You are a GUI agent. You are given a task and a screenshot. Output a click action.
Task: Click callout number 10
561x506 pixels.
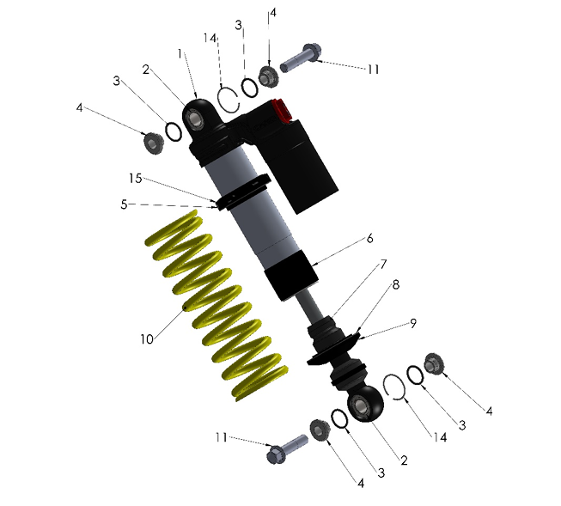(x=148, y=338)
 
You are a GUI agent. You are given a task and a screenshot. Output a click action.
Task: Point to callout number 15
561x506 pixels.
(x=134, y=179)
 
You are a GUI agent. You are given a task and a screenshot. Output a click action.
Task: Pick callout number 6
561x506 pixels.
(x=370, y=238)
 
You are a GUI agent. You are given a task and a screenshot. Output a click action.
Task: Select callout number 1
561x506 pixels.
(x=180, y=53)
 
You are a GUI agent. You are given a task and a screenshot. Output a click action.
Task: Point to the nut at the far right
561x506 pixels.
(x=433, y=365)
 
